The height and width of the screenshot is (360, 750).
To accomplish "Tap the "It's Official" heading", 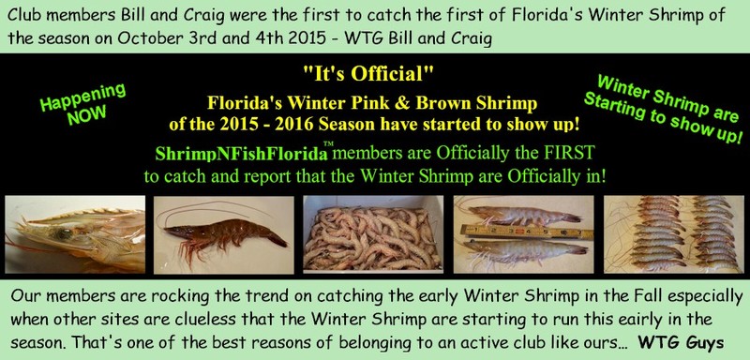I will coord(374,72).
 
